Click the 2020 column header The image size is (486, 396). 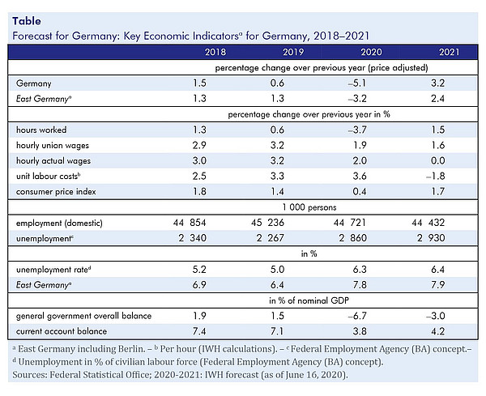(x=371, y=52)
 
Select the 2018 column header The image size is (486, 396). (x=215, y=52)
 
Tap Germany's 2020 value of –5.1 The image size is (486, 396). (x=357, y=83)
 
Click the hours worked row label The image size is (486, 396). (x=41, y=130)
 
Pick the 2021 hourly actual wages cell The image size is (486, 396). (x=437, y=160)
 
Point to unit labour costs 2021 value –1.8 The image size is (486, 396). (x=436, y=176)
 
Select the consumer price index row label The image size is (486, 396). (x=56, y=192)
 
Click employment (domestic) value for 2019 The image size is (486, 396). (x=267, y=223)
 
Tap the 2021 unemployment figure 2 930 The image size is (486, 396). (x=431, y=238)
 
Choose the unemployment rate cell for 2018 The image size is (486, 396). (x=199, y=270)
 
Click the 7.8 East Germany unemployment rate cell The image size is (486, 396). (x=360, y=285)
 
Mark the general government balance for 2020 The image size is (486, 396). (x=357, y=316)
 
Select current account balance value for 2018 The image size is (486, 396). (x=199, y=331)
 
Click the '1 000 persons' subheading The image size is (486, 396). (x=309, y=207)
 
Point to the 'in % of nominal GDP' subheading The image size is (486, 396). (x=309, y=300)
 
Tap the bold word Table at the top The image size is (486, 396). (x=27, y=21)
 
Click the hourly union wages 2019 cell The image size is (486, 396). (x=277, y=145)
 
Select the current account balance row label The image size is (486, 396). (x=62, y=331)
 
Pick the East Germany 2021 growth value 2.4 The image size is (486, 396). (x=437, y=99)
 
